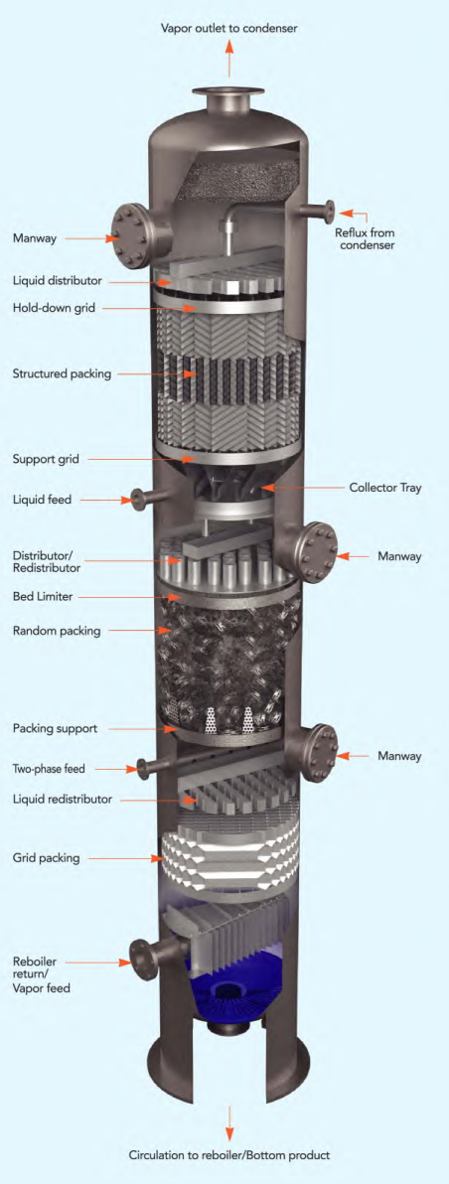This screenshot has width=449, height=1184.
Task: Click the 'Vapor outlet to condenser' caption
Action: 229,29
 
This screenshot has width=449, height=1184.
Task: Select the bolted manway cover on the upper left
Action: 129,237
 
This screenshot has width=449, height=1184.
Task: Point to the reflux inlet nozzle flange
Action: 328,210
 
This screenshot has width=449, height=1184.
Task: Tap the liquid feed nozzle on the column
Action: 131,499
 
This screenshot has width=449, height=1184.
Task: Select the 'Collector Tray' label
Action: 385,488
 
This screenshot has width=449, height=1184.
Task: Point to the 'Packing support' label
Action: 56,728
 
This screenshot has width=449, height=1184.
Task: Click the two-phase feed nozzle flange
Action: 144,767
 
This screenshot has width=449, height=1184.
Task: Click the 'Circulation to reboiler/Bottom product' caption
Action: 228,1155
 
